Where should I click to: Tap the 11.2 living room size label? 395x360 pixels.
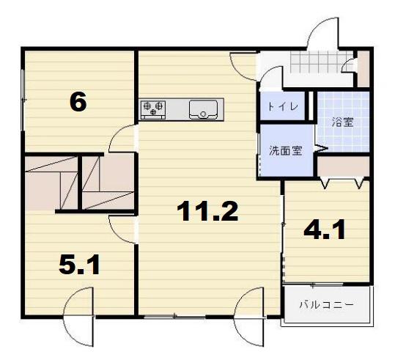207,211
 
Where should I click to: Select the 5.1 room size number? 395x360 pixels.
79,265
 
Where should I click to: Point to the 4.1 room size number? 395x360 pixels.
325,229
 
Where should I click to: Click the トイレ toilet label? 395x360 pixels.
282,106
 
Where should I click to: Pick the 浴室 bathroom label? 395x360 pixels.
343,122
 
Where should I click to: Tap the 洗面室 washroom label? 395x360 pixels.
285,150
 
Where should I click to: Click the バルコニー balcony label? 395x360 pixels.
327,305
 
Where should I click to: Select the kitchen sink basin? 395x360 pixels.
203,110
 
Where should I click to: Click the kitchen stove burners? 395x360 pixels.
153,110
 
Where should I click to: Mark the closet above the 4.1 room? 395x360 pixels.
343,166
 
